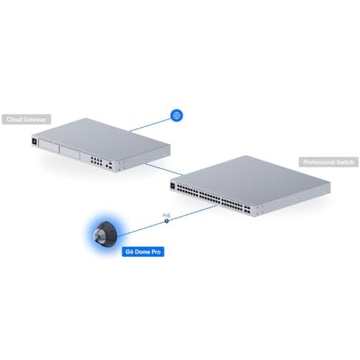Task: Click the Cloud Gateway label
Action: [x=26, y=119]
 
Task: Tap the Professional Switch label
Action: [x=329, y=162]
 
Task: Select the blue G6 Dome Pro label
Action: [x=143, y=252]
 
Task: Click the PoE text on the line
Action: [x=166, y=215]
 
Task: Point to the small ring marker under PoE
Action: [x=166, y=221]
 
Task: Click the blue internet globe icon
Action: [x=177, y=115]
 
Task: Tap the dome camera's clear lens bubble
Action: [x=99, y=236]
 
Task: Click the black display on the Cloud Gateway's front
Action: [x=34, y=142]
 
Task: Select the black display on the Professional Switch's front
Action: [x=172, y=185]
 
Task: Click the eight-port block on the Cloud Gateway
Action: [x=96, y=161]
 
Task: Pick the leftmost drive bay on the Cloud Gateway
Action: [x=49, y=146]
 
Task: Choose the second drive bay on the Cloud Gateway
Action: [x=70, y=153]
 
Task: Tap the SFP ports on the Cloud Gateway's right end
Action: [x=109, y=166]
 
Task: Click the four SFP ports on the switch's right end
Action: [x=247, y=210]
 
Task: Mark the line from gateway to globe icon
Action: [x=150, y=125]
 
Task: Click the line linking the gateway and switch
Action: [x=164, y=169]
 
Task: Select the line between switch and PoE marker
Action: [x=193, y=212]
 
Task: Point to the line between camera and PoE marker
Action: [x=141, y=229]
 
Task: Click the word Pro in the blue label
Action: [x=156, y=252]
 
